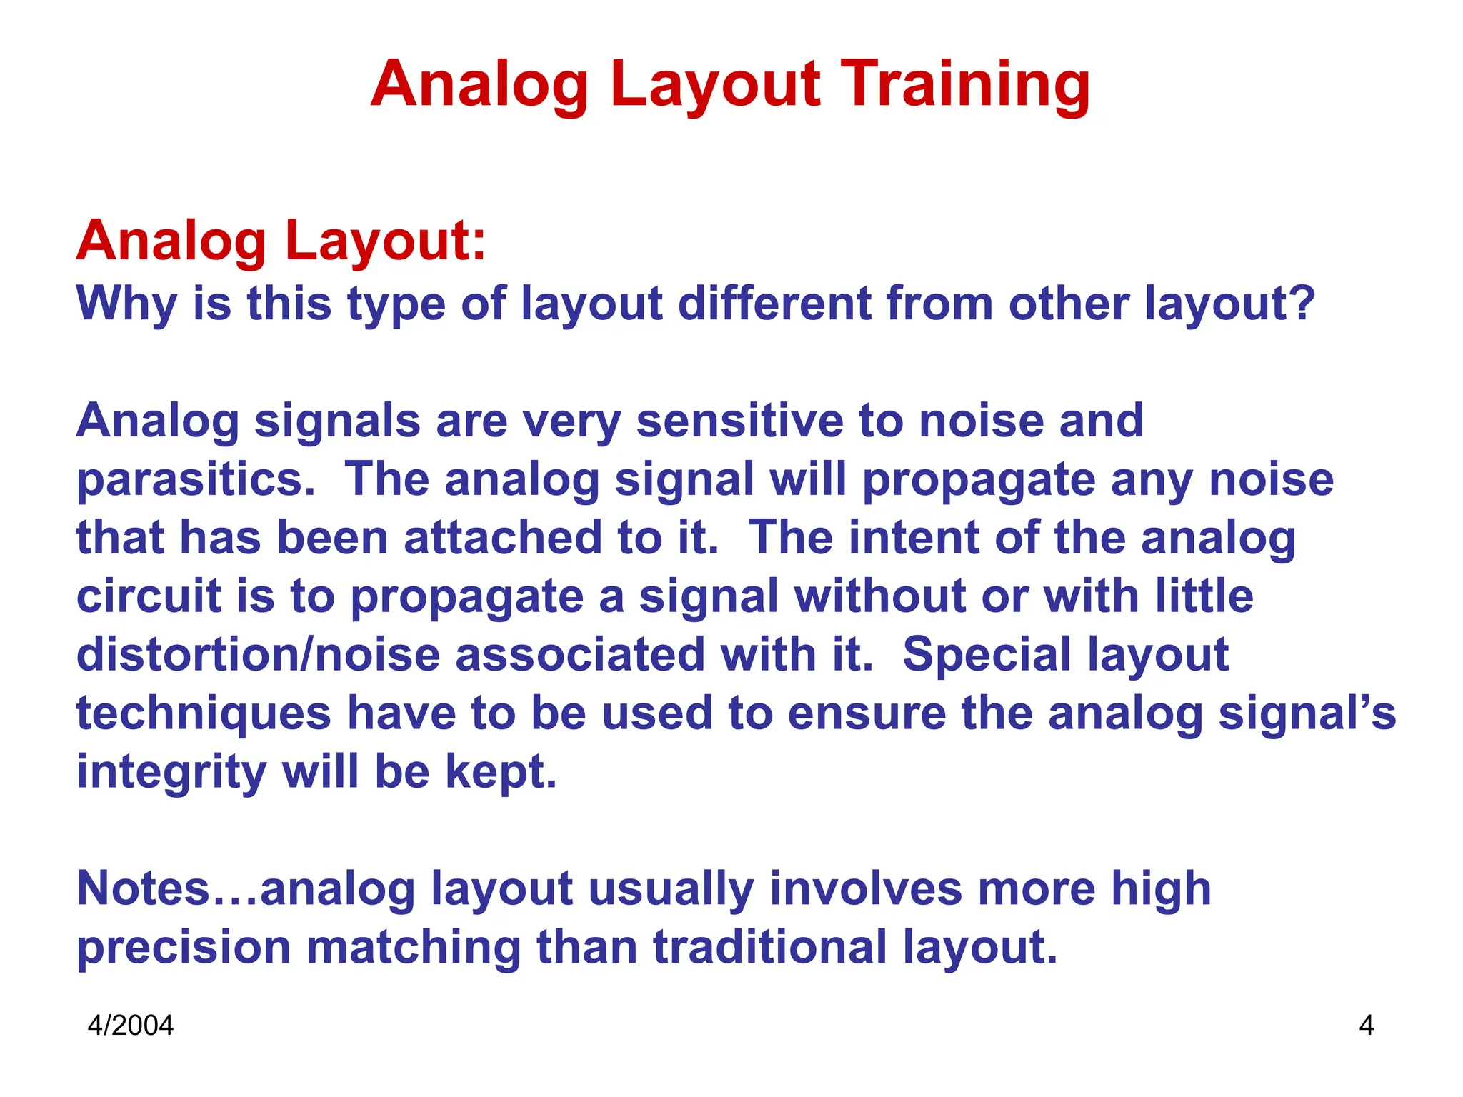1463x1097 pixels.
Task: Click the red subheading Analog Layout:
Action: point(281,240)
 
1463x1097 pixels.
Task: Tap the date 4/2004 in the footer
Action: point(130,1026)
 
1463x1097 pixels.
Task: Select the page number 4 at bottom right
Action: point(1366,1026)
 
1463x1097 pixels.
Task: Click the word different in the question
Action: point(774,303)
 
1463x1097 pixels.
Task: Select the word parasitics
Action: point(194,480)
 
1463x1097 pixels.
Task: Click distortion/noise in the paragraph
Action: point(258,654)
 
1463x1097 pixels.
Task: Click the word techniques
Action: point(204,714)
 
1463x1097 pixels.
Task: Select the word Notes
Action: point(143,888)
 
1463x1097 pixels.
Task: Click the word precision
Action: point(184,947)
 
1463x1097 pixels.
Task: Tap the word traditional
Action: point(770,947)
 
